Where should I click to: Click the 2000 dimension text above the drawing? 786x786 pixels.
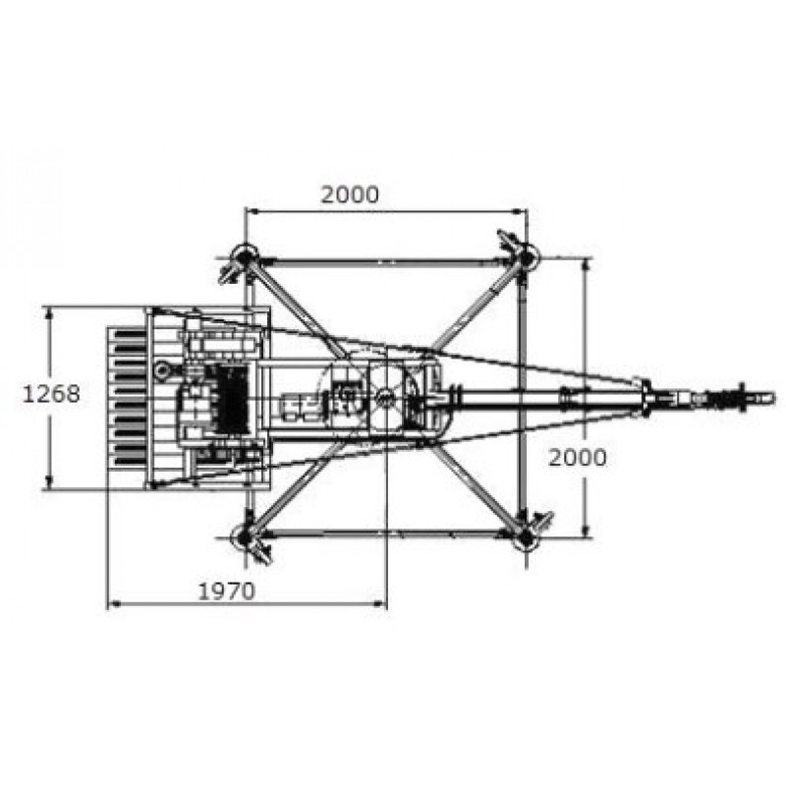(350, 195)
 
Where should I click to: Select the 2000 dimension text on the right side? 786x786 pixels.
(578, 458)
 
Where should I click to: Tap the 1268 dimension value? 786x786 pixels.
(52, 395)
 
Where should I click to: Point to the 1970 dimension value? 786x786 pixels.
(227, 591)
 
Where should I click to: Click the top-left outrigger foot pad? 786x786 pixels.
(245, 257)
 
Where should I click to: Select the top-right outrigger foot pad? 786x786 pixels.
(526, 257)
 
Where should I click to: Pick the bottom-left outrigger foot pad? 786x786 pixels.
(245, 536)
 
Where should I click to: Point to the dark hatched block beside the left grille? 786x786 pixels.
(231, 400)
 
